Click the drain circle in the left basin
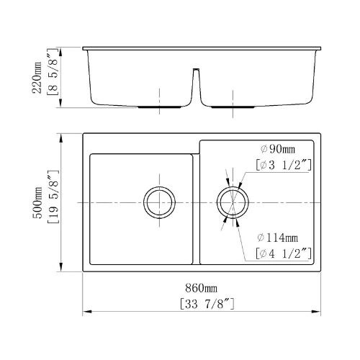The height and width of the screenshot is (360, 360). [158, 202]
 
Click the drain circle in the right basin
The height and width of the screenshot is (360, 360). [233, 202]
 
